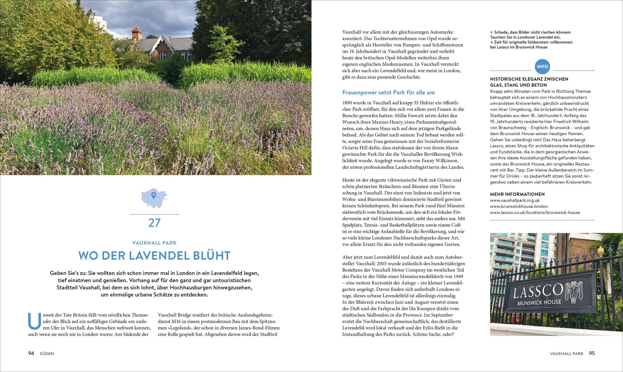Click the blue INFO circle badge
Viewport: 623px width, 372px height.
click(x=542, y=67)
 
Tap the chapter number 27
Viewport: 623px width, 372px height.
click(x=154, y=223)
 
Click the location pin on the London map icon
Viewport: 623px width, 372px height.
click(x=153, y=195)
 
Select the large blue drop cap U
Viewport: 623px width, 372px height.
click(x=35, y=321)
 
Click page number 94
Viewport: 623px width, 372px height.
click(x=31, y=353)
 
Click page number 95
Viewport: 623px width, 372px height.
click(x=592, y=353)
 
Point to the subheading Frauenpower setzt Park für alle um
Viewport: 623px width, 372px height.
click(x=388, y=92)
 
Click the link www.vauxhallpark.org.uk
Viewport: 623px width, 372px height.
click(x=515, y=200)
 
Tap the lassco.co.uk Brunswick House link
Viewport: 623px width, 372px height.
click(x=535, y=212)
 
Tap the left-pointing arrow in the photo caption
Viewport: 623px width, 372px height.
click(x=491, y=32)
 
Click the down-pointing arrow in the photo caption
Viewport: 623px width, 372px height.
click(x=491, y=42)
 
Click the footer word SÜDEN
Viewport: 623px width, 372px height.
click(x=47, y=354)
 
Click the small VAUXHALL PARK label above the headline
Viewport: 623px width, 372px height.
click(x=154, y=243)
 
